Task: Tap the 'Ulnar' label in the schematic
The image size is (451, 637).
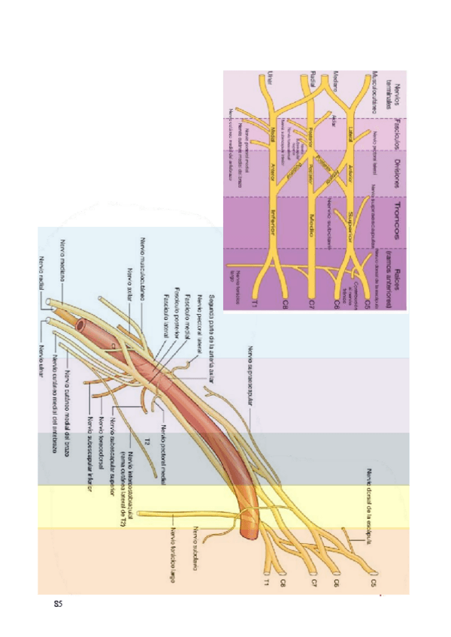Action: click(x=260, y=77)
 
